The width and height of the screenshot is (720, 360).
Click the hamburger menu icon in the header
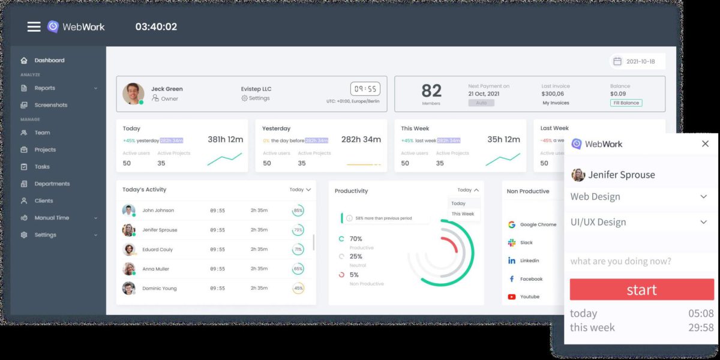pyautogui.click(x=34, y=26)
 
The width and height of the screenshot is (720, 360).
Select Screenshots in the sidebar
pyautogui.click(x=50, y=105)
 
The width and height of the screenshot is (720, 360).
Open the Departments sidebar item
pyautogui.click(x=52, y=184)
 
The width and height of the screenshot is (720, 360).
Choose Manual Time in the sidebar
pyautogui.click(x=52, y=218)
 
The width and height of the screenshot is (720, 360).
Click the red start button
pyautogui.click(x=641, y=290)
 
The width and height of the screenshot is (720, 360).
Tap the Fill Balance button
pyautogui.click(x=626, y=103)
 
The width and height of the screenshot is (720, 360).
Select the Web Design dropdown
pyautogui.click(x=639, y=197)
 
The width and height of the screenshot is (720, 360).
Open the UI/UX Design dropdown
pyautogui.click(x=639, y=222)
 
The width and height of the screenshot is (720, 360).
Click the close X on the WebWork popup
pyautogui.click(x=705, y=144)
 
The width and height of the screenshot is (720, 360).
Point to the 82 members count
pyautogui.click(x=431, y=91)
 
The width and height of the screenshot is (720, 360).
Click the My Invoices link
pyautogui.click(x=556, y=103)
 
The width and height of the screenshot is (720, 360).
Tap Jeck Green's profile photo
pyautogui.click(x=133, y=94)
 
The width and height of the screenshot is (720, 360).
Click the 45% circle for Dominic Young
pyautogui.click(x=298, y=289)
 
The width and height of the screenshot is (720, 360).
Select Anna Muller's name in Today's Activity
pyautogui.click(x=155, y=269)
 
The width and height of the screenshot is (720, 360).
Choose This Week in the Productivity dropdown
pyautogui.click(x=463, y=214)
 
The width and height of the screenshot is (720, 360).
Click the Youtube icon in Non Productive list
pyautogui.click(x=512, y=296)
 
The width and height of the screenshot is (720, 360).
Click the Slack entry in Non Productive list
pyautogui.click(x=526, y=243)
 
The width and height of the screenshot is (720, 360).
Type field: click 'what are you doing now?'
pyautogui.click(x=639, y=261)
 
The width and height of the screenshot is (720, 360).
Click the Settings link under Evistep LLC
pyautogui.click(x=256, y=98)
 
